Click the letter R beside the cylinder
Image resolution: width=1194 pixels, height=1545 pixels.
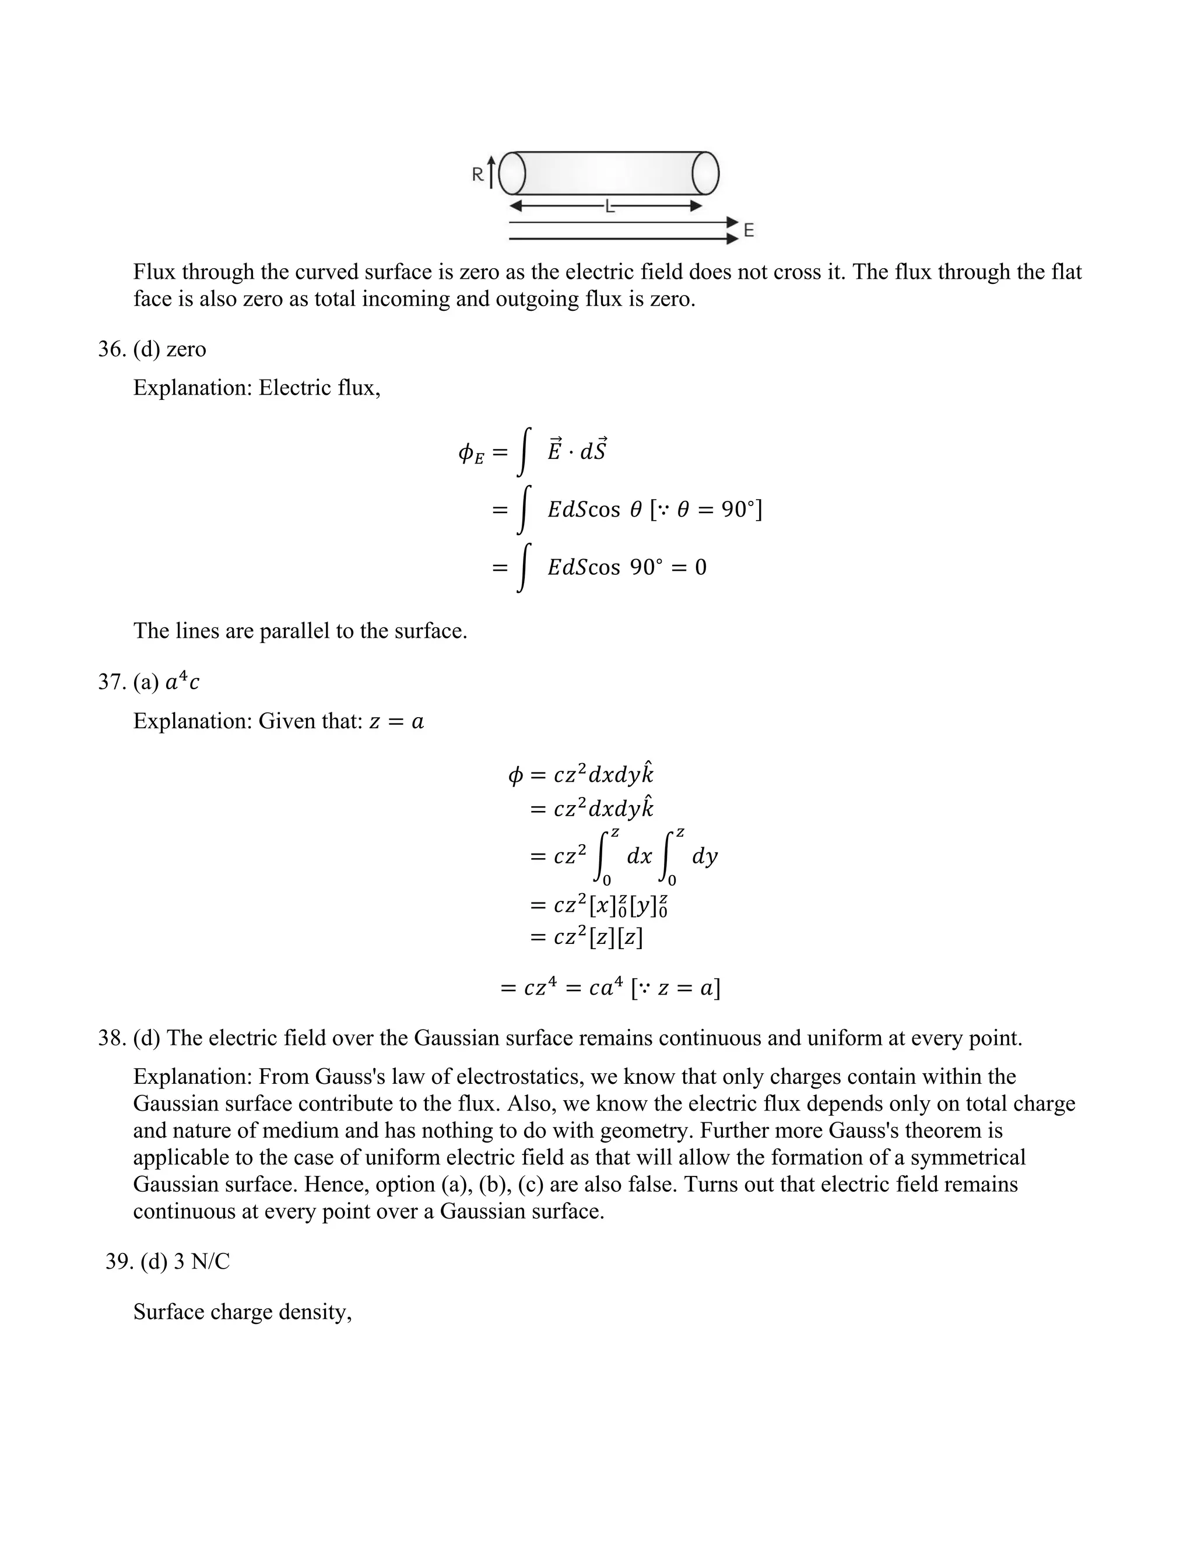(478, 173)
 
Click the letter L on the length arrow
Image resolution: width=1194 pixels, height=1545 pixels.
(609, 206)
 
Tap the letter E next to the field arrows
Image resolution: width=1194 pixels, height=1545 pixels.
(749, 231)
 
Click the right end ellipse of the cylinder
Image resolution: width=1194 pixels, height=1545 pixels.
(705, 173)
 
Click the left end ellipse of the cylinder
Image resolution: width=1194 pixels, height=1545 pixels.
(512, 173)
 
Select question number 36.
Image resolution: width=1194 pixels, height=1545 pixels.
(111, 349)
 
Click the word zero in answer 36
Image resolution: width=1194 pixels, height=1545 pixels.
(186, 349)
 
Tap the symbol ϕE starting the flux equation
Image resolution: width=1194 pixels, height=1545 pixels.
(471, 454)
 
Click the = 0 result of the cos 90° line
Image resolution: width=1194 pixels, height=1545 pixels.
(690, 567)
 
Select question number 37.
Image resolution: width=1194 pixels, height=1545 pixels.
(111, 682)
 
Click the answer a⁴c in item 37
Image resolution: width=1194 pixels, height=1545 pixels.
(182, 682)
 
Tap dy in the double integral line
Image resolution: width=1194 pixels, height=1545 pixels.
(704, 856)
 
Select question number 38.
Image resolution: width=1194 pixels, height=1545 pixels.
(111, 1038)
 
